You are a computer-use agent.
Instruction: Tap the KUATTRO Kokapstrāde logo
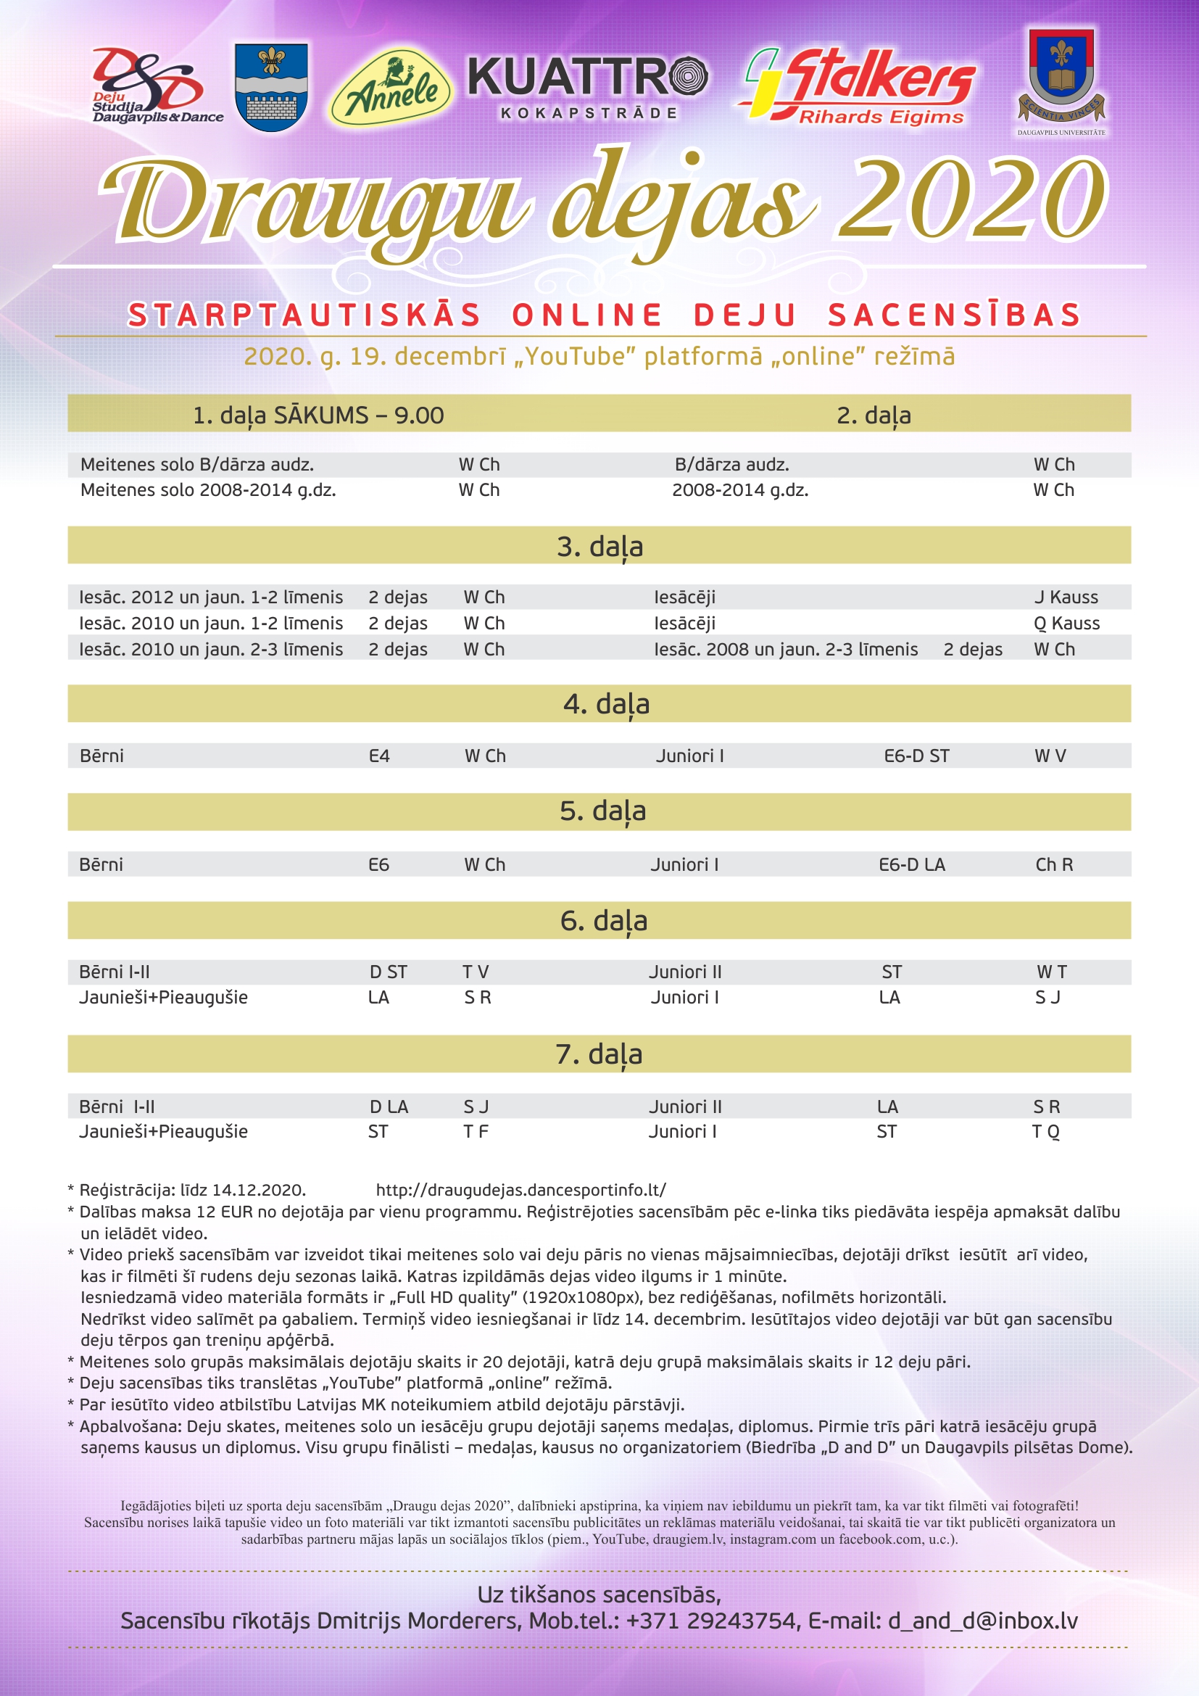(588, 87)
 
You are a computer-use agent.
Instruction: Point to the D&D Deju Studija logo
(152, 86)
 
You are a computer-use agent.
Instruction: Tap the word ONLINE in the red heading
(587, 315)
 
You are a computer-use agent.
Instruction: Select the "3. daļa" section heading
(599, 547)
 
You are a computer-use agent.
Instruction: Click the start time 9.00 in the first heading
(418, 416)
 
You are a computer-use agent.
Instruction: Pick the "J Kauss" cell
(1066, 597)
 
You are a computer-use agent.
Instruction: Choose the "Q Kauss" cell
(1066, 624)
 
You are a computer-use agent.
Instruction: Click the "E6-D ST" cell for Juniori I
(916, 756)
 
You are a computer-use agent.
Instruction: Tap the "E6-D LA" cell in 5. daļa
(912, 864)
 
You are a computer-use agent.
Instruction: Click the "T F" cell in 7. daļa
(476, 1131)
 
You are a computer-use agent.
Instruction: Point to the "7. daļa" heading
(599, 1054)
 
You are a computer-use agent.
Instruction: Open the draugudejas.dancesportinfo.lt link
(520, 1190)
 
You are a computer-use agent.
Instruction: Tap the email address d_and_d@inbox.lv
(982, 1621)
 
